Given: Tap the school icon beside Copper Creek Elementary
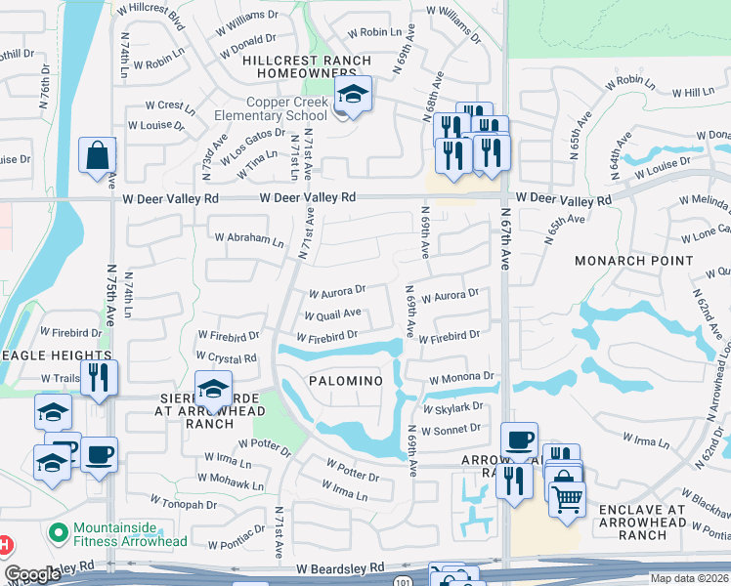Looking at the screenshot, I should point(352,94).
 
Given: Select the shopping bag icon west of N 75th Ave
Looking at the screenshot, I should point(98,155).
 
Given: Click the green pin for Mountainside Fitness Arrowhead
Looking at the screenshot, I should point(58,533).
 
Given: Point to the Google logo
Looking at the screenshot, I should point(32,575).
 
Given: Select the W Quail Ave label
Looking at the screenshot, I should point(332,315).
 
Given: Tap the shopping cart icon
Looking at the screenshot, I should point(566,498).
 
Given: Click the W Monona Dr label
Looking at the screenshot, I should point(461,376).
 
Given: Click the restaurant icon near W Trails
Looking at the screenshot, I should point(98,376).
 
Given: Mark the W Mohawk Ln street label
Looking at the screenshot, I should point(232,483).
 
